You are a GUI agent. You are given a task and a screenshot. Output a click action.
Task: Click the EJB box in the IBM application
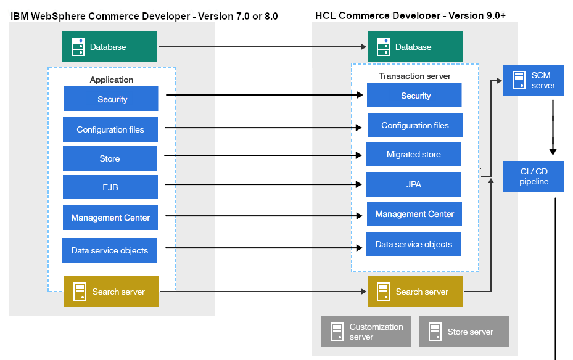[x=110, y=187]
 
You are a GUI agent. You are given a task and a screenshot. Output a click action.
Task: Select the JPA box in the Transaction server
[x=414, y=184]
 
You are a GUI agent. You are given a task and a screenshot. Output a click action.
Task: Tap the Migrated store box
[x=414, y=154]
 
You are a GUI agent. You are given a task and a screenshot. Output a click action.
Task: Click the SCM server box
[x=534, y=80]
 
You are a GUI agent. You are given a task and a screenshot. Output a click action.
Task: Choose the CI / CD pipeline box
[x=534, y=176]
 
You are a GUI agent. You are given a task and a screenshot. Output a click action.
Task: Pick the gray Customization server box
[x=366, y=332]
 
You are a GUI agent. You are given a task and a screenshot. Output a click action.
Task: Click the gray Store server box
[x=464, y=332]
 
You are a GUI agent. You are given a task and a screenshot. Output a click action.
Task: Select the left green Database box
[x=110, y=47]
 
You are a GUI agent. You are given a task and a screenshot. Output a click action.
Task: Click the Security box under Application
[x=111, y=99]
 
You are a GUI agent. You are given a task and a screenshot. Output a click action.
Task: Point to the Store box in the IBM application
[x=110, y=158]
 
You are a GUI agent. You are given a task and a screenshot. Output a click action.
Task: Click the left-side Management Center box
[x=110, y=218]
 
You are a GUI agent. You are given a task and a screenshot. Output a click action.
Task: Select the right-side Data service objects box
[x=414, y=244]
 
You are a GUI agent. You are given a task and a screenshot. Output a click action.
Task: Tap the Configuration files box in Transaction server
[x=414, y=125]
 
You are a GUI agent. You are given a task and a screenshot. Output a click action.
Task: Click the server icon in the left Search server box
[x=80, y=292]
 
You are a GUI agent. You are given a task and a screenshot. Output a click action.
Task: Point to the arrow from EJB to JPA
[x=262, y=184]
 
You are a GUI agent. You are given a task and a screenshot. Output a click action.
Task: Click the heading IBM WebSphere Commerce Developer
[x=144, y=16]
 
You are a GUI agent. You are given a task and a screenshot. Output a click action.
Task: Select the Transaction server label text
[x=414, y=76]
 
